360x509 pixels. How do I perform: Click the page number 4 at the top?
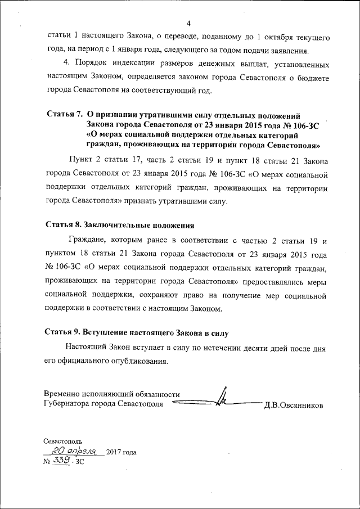click(189, 23)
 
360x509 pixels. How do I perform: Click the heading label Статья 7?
click(62, 115)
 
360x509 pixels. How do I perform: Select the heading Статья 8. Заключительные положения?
click(119, 226)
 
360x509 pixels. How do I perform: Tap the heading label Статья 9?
click(62, 331)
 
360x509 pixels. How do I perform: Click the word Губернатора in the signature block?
click(67, 404)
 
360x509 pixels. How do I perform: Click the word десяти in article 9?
click(241, 348)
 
